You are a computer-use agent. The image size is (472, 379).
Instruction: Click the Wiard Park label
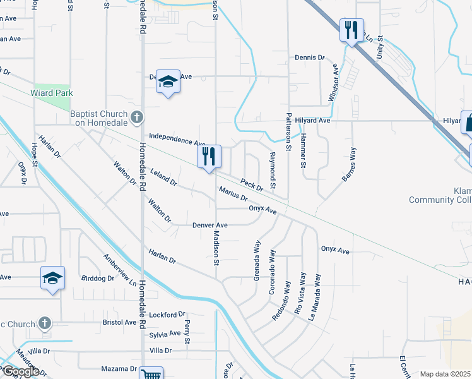[52, 93]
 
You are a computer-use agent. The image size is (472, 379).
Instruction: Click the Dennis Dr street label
[309, 57]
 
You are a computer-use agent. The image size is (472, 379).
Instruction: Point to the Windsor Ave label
[334, 85]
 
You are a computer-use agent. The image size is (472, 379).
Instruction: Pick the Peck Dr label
[251, 184]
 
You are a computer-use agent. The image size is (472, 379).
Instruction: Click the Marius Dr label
[233, 194]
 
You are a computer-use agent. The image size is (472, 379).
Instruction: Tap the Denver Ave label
[209, 225]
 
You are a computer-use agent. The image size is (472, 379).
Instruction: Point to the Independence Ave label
[177, 139]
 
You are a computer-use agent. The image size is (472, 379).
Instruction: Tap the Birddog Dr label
[98, 278]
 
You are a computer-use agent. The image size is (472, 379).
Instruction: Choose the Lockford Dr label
[169, 313]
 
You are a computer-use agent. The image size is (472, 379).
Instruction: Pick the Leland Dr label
[163, 176]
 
